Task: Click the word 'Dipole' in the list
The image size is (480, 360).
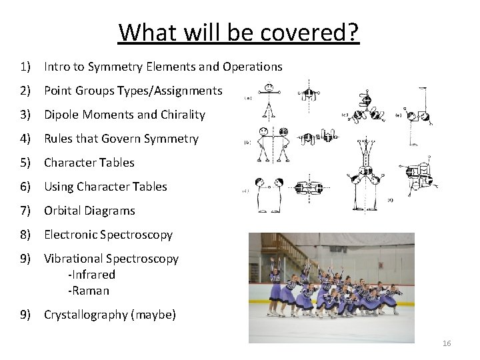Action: [x=62, y=115]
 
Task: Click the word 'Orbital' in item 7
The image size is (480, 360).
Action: [x=63, y=211]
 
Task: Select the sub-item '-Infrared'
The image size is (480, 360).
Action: [x=91, y=274]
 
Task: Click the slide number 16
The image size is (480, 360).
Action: [x=447, y=343]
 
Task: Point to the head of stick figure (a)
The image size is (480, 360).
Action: [x=268, y=88]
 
